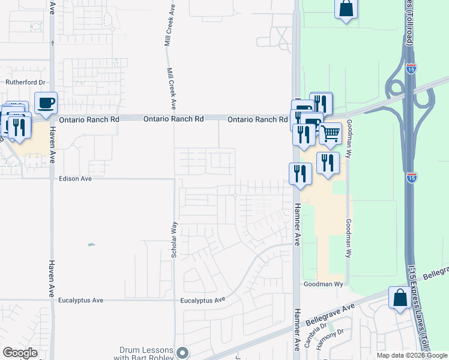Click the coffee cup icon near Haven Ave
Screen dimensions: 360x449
pyautogui.click(x=46, y=103)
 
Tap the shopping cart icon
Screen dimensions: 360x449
pyautogui.click(x=330, y=134)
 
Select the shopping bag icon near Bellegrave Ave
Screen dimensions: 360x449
pyautogui.click(x=400, y=298)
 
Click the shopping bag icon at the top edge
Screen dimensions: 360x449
pyautogui.click(x=346, y=9)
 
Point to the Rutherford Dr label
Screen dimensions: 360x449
pyautogui.click(x=26, y=82)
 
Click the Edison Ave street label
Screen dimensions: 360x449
pyautogui.click(x=75, y=179)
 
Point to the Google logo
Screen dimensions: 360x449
pyautogui.click(x=20, y=353)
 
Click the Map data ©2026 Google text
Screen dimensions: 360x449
pyautogui.click(x=412, y=355)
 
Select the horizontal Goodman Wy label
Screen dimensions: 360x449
pyautogui.click(x=323, y=284)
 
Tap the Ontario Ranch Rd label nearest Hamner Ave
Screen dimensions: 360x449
pyautogui.click(x=257, y=120)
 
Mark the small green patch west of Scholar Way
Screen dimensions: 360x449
pyautogui.click(x=91, y=244)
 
